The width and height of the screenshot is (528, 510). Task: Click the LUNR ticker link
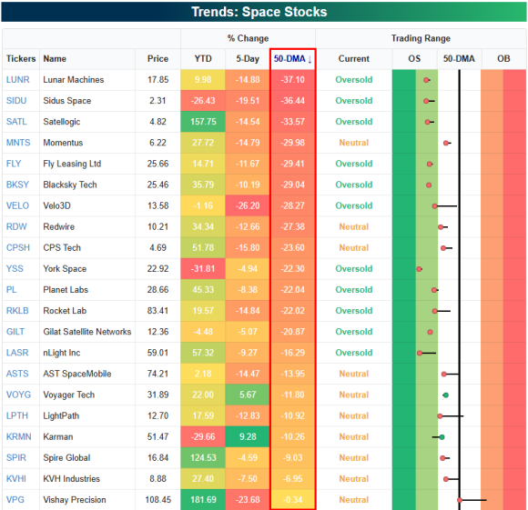coord(18,80)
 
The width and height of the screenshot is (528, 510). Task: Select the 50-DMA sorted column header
coord(292,59)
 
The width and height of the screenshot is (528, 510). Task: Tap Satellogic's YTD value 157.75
coord(203,122)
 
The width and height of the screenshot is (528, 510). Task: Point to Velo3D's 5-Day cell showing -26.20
coord(248,205)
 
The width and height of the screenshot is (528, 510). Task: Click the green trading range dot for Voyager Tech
coord(445,395)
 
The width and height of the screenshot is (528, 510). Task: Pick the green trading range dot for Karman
coord(442,437)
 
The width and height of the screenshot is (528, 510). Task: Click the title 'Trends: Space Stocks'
coord(259,12)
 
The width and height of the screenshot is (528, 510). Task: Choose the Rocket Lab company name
coord(65,311)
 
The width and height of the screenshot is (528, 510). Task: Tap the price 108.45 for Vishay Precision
coord(157,500)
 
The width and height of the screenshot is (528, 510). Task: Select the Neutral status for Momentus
coord(353,143)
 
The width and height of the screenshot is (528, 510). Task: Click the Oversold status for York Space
coord(353,269)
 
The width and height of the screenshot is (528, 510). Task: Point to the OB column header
coord(503,59)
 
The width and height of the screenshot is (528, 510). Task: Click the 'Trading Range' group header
coord(421,38)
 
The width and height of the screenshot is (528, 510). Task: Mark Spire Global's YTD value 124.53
coord(203,458)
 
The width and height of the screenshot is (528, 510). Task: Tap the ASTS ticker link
coord(17,374)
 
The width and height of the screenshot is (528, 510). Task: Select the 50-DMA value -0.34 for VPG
coord(292,500)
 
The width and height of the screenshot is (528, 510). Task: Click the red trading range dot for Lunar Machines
coord(426,80)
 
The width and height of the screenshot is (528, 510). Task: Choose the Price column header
coord(157,59)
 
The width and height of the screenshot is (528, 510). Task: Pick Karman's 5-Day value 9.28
coord(248,436)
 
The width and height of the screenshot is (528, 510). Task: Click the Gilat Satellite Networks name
coord(86,332)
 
